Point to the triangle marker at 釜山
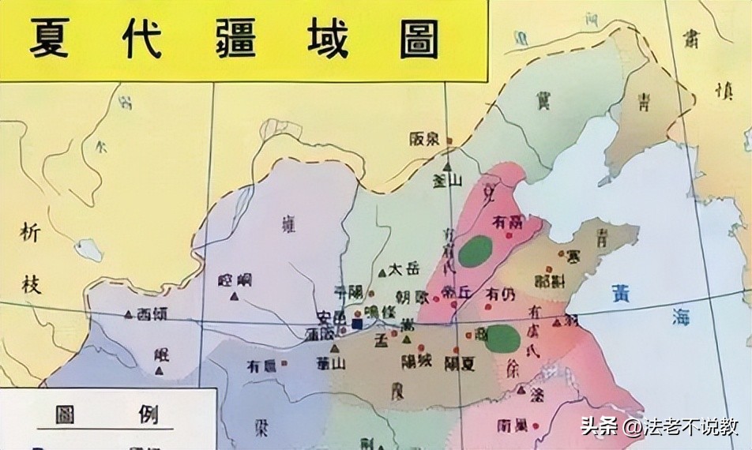click(x=448, y=167)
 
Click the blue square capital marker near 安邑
click(x=357, y=324)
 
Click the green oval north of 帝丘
click(x=476, y=251)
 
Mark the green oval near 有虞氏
click(x=502, y=339)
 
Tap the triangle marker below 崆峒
click(x=235, y=296)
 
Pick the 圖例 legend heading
click(x=107, y=414)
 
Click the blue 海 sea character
click(x=681, y=317)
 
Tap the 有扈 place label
click(x=261, y=366)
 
